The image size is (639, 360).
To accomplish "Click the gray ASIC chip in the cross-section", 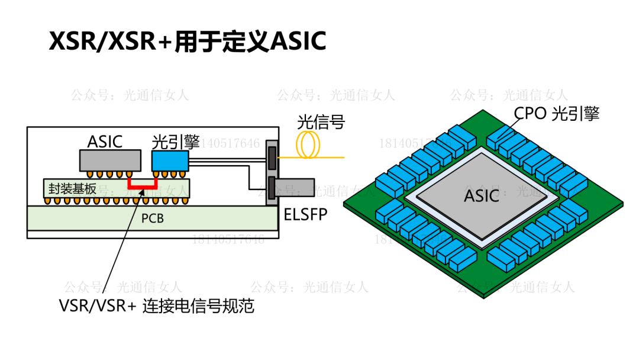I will (x=110, y=160).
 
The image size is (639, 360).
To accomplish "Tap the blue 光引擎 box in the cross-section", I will (x=170, y=160).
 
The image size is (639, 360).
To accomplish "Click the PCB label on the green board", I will (x=152, y=218).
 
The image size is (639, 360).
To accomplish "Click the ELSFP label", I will (x=305, y=214).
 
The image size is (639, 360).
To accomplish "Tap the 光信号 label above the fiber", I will (x=321, y=123).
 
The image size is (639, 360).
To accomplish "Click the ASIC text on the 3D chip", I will (x=482, y=195).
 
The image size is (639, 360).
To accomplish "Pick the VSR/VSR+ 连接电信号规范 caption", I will (x=157, y=306).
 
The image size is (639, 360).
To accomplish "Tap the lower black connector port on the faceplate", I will (x=272, y=188).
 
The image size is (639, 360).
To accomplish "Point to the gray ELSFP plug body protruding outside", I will (x=295, y=188).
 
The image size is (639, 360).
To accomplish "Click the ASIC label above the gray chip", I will (x=105, y=142).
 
